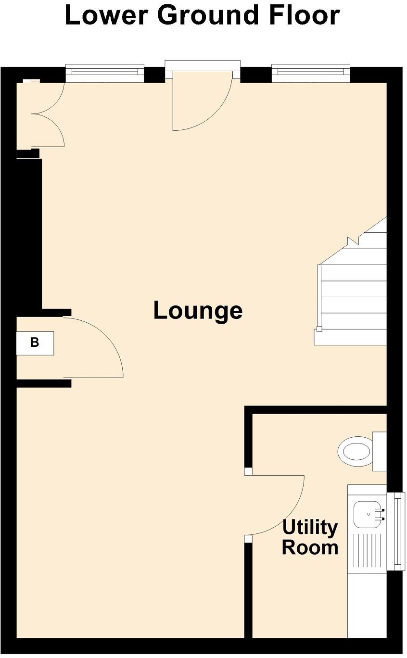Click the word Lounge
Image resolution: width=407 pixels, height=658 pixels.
(x=198, y=311)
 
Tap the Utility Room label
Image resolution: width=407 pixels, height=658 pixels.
(x=310, y=538)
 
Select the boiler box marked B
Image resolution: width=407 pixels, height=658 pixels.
(x=35, y=343)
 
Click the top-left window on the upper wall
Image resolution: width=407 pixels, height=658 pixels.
(x=104, y=71)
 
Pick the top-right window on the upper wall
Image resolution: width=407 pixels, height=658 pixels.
(x=310, y=71)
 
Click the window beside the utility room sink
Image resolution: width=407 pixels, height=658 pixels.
(x=397, y=529)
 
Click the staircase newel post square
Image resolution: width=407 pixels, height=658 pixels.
(x=318, y=329)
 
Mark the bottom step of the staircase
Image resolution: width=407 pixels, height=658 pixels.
(x=351, y=337)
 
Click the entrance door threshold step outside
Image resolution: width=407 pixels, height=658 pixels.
(x=202, y=64)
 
